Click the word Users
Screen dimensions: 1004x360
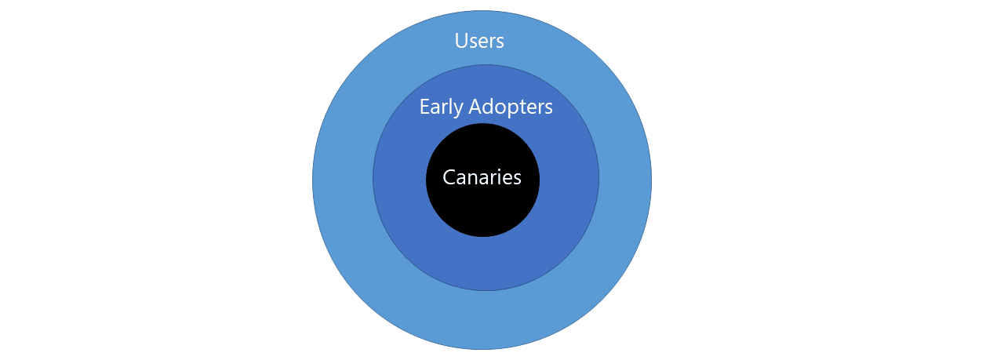click(479, 41)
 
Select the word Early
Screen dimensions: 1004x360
click(441, 107)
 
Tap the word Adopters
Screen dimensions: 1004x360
click(511, 107)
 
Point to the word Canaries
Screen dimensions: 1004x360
click(482, 177)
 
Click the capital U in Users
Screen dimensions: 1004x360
click(460, 40)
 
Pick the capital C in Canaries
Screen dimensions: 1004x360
click(449, 177)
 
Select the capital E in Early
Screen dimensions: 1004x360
click(424, 107)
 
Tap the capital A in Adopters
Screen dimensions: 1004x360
click(475, 107)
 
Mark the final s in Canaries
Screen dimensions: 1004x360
click(517, 180)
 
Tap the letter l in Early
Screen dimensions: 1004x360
click(449, 107)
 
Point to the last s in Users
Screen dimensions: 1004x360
click(500, 43)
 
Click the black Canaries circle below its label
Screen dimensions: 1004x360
click(482, 213)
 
